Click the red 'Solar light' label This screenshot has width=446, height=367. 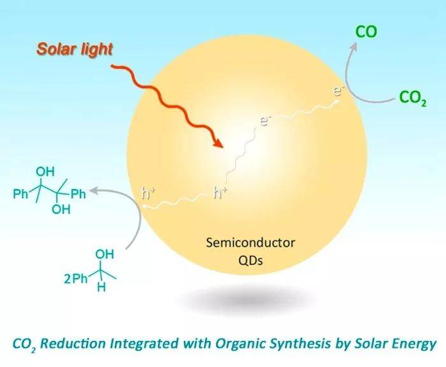[75, 50]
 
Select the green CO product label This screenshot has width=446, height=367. [366, 32]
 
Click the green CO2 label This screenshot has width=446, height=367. [413, 97]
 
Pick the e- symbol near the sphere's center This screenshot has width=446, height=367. [264, 121]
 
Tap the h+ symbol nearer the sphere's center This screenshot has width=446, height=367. [220, 193]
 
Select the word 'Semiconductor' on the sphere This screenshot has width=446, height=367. [250, 243]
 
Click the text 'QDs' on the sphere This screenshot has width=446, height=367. [250, 260]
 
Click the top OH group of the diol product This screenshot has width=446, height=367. [45, 172]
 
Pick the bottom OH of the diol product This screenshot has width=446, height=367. [61, 210]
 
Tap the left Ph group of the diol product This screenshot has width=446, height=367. [20, 194]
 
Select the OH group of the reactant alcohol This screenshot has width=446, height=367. [104, 254]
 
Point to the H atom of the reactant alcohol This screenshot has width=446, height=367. [101, 287]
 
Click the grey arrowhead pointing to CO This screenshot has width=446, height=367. [354, 47]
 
